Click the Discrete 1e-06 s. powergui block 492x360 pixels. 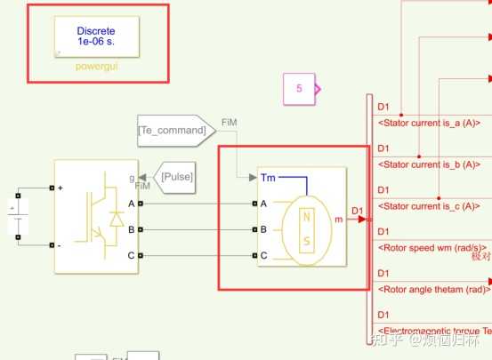coord(96,36)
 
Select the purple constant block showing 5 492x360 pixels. coord(300,88)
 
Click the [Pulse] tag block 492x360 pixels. coord(176,176)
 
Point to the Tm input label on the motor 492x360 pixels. coord(268,178)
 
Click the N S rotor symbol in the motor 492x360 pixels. coord(307,230)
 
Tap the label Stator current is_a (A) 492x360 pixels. coord(429,123)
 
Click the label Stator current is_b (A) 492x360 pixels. coord(429,164)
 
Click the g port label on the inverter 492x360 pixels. coord(132,178)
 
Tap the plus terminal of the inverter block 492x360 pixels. coord(60,188)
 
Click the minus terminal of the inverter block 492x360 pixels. coord(60,244)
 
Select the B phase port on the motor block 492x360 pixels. coord(263,229)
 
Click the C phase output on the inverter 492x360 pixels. coord(132,256)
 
